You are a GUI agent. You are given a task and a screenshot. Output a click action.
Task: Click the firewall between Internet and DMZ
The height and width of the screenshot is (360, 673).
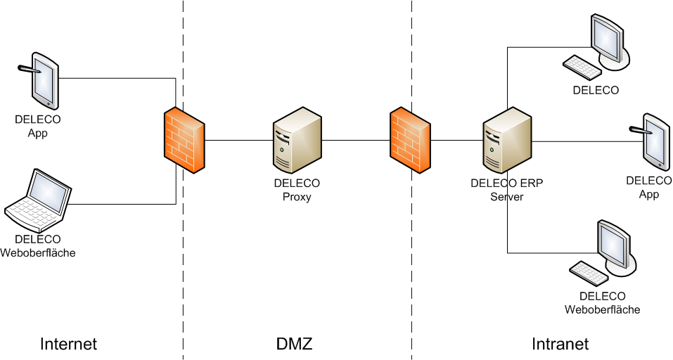pos(184,140)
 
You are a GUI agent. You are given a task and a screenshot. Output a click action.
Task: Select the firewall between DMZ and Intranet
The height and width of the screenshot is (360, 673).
pos(410,140)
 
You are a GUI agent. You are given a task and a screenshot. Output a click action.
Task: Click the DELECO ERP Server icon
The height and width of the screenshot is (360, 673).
pos(506,141)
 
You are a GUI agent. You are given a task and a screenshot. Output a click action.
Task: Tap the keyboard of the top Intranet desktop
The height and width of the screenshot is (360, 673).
pos(582,67)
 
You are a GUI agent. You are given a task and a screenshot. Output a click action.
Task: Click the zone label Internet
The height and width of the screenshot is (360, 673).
pos(68,344)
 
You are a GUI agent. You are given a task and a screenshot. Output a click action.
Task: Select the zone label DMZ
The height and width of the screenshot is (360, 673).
pos(294,344)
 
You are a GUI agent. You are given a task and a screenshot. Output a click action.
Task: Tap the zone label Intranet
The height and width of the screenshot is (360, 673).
pos(560,344)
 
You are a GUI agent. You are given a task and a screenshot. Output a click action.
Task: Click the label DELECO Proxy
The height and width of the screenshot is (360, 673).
pos(297,190)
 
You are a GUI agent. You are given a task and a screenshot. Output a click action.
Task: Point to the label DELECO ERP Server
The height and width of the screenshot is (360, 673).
pos(506,190)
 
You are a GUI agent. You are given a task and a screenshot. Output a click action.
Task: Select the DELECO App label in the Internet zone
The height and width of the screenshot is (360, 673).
pos(37,126)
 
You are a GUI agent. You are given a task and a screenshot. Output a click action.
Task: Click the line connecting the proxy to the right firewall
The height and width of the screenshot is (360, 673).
pos(356,141)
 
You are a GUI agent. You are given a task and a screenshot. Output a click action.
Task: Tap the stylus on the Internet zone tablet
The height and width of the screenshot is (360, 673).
pos(26,69)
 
